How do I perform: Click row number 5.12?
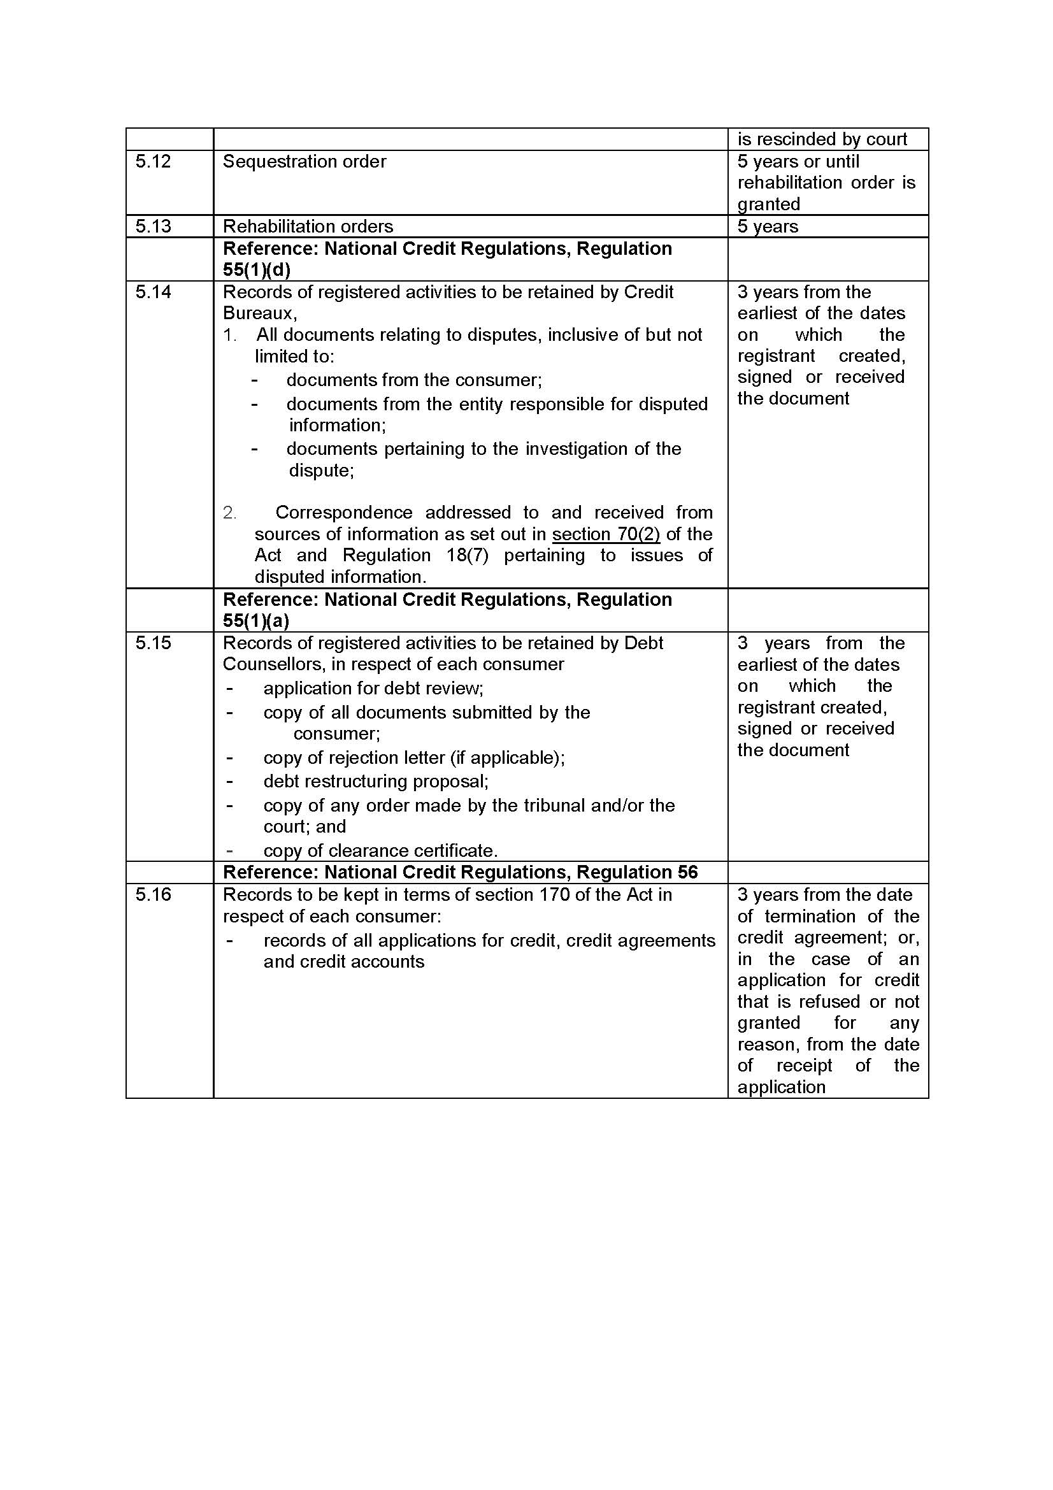[x=153, y=162]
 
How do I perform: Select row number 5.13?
[x=153, y=227]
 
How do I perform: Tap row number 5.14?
[x=153, y=292]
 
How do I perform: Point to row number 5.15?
[x=153, y=643]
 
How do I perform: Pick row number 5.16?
[x=153, y=895]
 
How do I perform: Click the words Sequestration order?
[x=304, y=162]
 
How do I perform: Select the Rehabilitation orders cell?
[x=308, y=227]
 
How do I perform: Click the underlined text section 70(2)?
[x=606, y=534]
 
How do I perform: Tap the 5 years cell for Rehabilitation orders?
[x=768, y=227]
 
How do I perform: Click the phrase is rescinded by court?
[x=822, y=140]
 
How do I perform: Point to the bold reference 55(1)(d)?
[x=256, y=270]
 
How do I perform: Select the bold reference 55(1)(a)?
[x=255, y=621]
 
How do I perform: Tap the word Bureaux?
[x=259, y=313]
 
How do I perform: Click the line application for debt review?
[x=373, y=688]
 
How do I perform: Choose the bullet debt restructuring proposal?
[x=376, y=782]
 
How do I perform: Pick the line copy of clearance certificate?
[x=380, y=851]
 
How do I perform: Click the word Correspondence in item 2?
[x=344, y=513]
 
